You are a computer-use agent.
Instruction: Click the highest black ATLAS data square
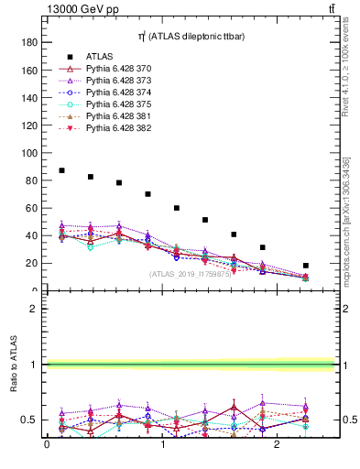(61, 170)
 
